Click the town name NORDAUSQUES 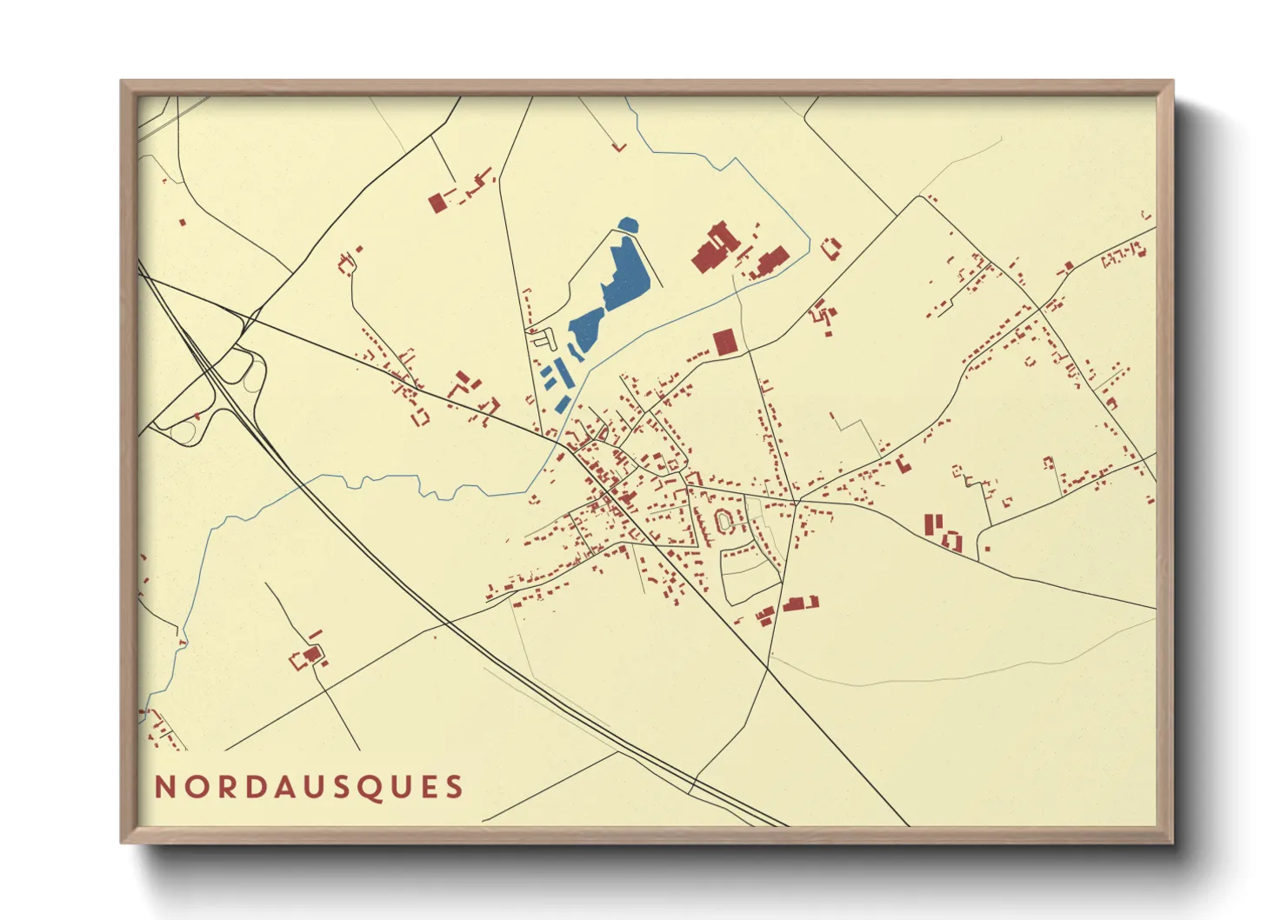[309, 787]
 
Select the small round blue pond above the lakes [627, 225]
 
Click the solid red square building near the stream [724, 342]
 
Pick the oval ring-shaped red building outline [724, 521]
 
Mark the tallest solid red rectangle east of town [929, 525]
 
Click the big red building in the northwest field [437, 203]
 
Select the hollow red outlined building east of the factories [831, 247]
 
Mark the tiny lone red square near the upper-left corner [183, 223]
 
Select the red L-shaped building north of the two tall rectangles [904, 464]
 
